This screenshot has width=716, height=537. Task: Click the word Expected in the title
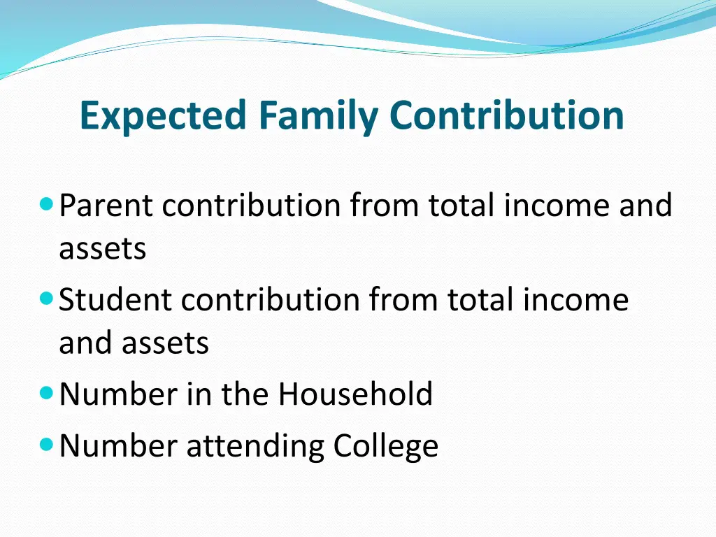coord(163,115)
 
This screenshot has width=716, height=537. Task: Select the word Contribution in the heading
coord(507,115)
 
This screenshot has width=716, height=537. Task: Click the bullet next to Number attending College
coord(47,445)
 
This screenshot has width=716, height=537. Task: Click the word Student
coord(115,301)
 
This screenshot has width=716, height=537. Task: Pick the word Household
coord(356,394)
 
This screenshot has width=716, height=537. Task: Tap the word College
coord(386,446)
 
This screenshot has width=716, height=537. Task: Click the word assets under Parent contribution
coord(102,249)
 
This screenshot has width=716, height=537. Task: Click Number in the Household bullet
coord(117,394)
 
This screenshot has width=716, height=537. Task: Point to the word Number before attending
coord(117,446)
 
